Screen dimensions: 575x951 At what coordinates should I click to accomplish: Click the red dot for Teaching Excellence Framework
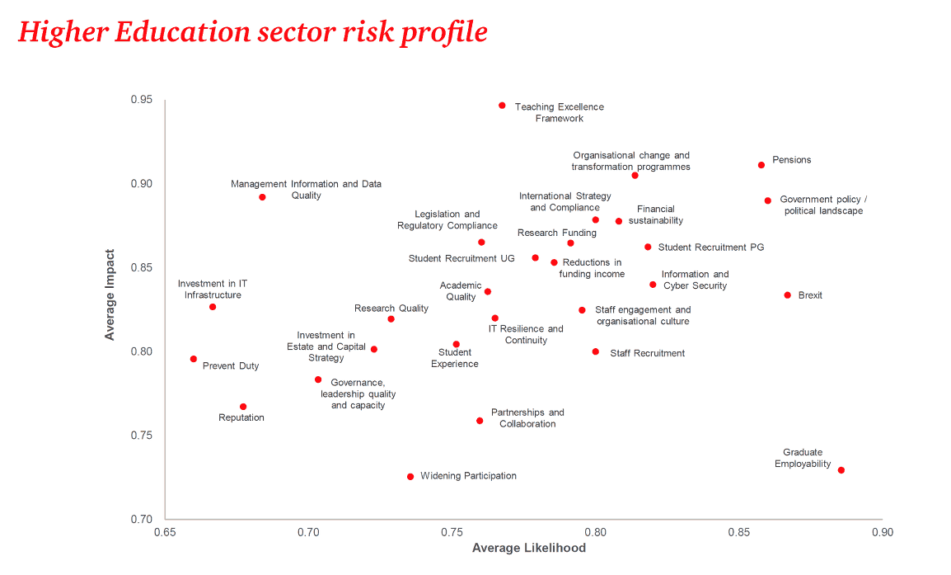(502, 106)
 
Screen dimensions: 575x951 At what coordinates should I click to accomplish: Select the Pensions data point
(761, 165)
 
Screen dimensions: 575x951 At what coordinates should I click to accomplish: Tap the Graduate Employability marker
(841, 470)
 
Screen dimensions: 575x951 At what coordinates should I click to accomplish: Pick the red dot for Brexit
(788, 295)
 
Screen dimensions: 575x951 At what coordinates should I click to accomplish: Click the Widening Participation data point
(410, 477)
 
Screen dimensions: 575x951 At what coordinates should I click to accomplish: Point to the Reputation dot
(243, 407)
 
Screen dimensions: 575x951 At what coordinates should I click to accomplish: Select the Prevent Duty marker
(194, 359)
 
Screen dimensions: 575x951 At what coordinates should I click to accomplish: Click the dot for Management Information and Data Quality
(262, 197)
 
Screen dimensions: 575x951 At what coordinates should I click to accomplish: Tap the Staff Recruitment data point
(596, 351)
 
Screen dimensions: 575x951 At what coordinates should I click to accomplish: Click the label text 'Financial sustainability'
(655, 214)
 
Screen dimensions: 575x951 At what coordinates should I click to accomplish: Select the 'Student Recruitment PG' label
(711, 247)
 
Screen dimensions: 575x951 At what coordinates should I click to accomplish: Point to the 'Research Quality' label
(391, 309)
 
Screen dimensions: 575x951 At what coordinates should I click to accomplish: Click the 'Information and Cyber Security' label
(695, 280)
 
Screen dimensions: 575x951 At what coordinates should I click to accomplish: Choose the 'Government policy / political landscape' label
(822, 205)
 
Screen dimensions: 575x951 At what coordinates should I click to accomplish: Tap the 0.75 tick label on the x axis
(452, 533)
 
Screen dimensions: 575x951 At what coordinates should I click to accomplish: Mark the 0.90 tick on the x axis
(881, 533)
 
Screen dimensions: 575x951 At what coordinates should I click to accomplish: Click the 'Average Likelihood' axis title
(528, 549)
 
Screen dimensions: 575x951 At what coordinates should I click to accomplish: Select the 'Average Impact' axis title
(110, 295)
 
